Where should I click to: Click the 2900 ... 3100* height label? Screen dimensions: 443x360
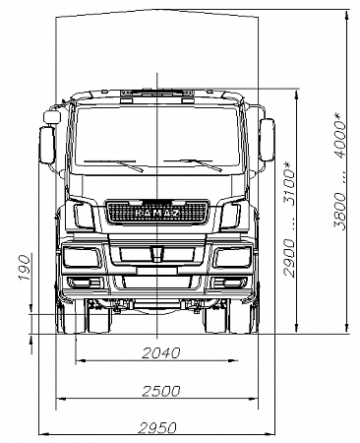(x=288, y=218)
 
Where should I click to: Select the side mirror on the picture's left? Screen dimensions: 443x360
(x=45, y=145)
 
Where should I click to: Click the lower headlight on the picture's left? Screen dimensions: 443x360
(x=78, y=258)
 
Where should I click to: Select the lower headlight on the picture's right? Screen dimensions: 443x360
(x=232, y=258)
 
